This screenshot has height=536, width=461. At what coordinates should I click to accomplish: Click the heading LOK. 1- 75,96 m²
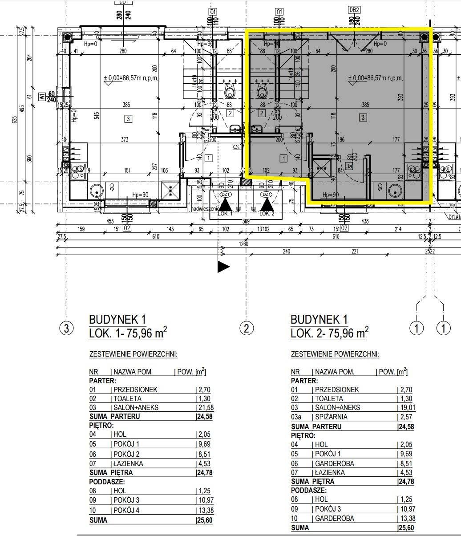(128, 333)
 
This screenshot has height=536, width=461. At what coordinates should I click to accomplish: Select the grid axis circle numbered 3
(66, 329)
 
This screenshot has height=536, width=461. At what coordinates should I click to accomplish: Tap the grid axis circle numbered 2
(247, 329)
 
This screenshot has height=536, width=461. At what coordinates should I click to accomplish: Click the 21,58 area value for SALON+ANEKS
(203, 407)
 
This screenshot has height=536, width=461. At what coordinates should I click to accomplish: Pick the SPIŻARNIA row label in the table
(331, 417)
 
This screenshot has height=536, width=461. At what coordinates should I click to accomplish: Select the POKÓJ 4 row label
(126, 510)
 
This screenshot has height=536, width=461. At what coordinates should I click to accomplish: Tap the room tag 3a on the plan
(349, 166)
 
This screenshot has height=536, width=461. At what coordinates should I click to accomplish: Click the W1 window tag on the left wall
(42, 97)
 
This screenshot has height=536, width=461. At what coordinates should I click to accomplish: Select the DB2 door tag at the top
(354, 10)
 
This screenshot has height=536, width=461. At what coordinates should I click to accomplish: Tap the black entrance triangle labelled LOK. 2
(266, 204)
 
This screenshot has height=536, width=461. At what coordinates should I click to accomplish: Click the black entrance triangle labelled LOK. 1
(226, 204)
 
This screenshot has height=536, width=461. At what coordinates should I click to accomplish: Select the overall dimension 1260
(244, 244)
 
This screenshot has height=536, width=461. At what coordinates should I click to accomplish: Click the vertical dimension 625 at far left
(15, 120)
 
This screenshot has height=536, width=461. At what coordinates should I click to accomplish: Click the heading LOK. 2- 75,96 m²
(329, 333)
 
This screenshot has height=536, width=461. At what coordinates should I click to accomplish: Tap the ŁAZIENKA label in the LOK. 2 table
(330, 472)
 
